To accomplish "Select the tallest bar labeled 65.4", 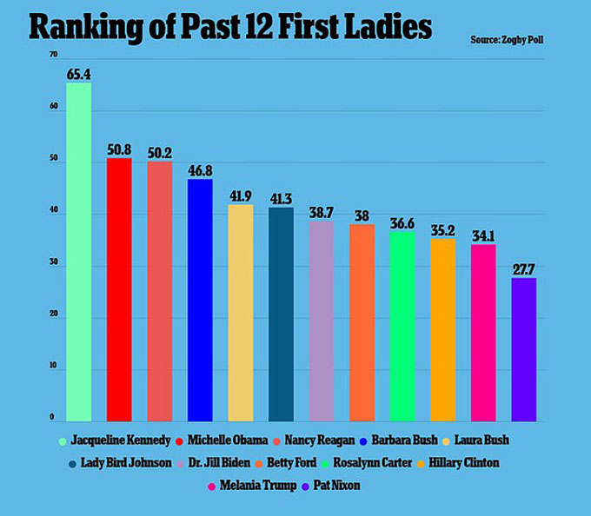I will (79, 252).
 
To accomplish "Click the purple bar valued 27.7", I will (523, 349).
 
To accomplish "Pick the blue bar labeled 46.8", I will (200, 300).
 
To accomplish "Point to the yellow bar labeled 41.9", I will (241, 313).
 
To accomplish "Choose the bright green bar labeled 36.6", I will (402, 326).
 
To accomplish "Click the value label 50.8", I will (120, 149).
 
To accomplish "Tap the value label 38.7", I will (321, 212).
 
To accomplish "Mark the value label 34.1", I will (483, 235).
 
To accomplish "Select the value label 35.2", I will (442, 230).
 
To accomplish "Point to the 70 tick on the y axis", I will (54, 56).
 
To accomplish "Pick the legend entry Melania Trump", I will (253, 486).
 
